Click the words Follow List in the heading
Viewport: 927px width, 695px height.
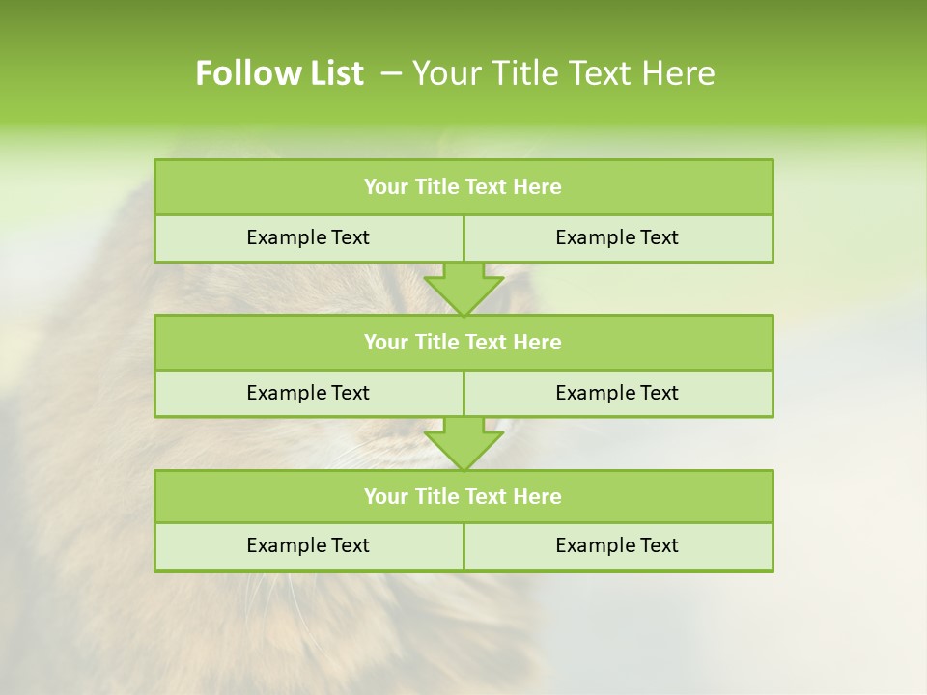pos(279,73)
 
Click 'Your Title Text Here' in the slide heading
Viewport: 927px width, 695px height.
pos(564,73)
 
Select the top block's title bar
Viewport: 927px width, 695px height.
pos(463,187)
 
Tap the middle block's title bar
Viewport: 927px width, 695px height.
pos(463,342)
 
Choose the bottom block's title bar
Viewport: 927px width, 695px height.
pos(463,496)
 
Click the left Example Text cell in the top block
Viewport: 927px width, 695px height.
pos(308,237)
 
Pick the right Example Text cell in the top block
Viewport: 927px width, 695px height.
pos(618,237)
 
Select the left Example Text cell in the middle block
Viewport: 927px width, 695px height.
pos(308,393)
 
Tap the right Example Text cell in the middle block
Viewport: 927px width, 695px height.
pos(618,393)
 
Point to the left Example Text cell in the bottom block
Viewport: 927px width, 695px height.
pos(308,545)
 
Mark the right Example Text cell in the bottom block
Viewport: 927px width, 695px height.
pos(618,545)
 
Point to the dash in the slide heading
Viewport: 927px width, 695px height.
pos(391,73)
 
